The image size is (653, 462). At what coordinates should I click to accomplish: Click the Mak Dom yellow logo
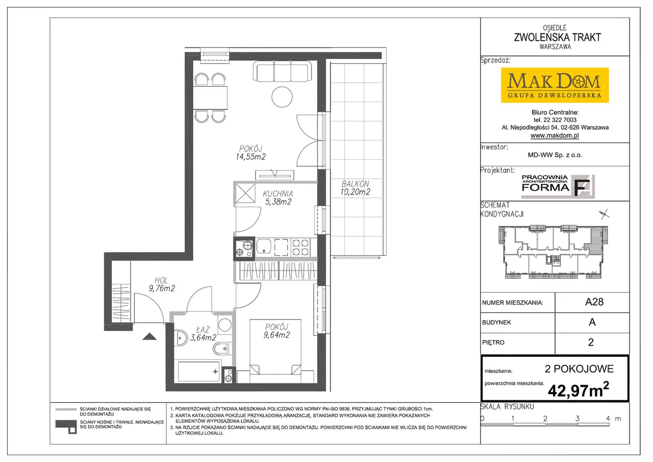[x=555, y=85]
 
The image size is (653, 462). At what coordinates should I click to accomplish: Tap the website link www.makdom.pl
[x=555, y=135]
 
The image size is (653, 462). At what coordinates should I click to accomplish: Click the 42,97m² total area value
[x=579, y=391]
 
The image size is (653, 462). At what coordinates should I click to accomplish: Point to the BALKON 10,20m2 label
[x=355, y=188]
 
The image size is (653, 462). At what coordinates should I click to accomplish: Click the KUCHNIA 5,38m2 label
[x=278, y=198]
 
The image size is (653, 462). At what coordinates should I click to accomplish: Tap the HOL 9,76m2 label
[x=162, y=284]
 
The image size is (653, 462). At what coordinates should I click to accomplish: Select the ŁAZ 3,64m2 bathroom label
[x=203, y=334]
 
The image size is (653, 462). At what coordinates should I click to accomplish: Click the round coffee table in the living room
[x=282, y=97]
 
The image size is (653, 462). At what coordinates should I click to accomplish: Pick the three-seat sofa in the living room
[x=282, y=71]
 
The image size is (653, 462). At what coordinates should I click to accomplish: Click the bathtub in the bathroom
[x=199, y=371]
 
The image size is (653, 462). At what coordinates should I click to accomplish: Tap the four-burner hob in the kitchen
[x=300, y=247]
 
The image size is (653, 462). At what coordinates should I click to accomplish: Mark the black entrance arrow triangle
[x=149, y=336]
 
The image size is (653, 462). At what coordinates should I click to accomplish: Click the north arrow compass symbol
[x=604, y=214]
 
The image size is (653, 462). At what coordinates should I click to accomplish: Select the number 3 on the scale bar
[x=577, y=418]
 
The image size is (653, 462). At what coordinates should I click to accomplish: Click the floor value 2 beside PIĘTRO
[x=591, y=342]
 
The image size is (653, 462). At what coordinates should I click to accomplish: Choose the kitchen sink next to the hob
[x=264, y=247]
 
